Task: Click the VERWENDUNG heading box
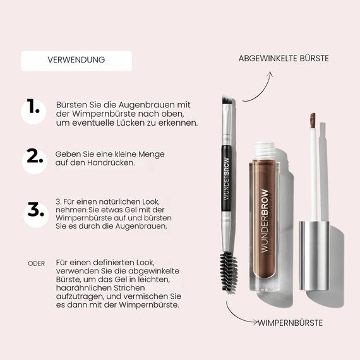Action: click(76, 61)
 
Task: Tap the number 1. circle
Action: click(34, 110)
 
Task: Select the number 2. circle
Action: click(34, 160)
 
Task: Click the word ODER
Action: click(37, 263)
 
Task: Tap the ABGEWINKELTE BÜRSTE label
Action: click(283, 58)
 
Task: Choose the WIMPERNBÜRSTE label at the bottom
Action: click(290, 323)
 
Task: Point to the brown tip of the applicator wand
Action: click(312, 120)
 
